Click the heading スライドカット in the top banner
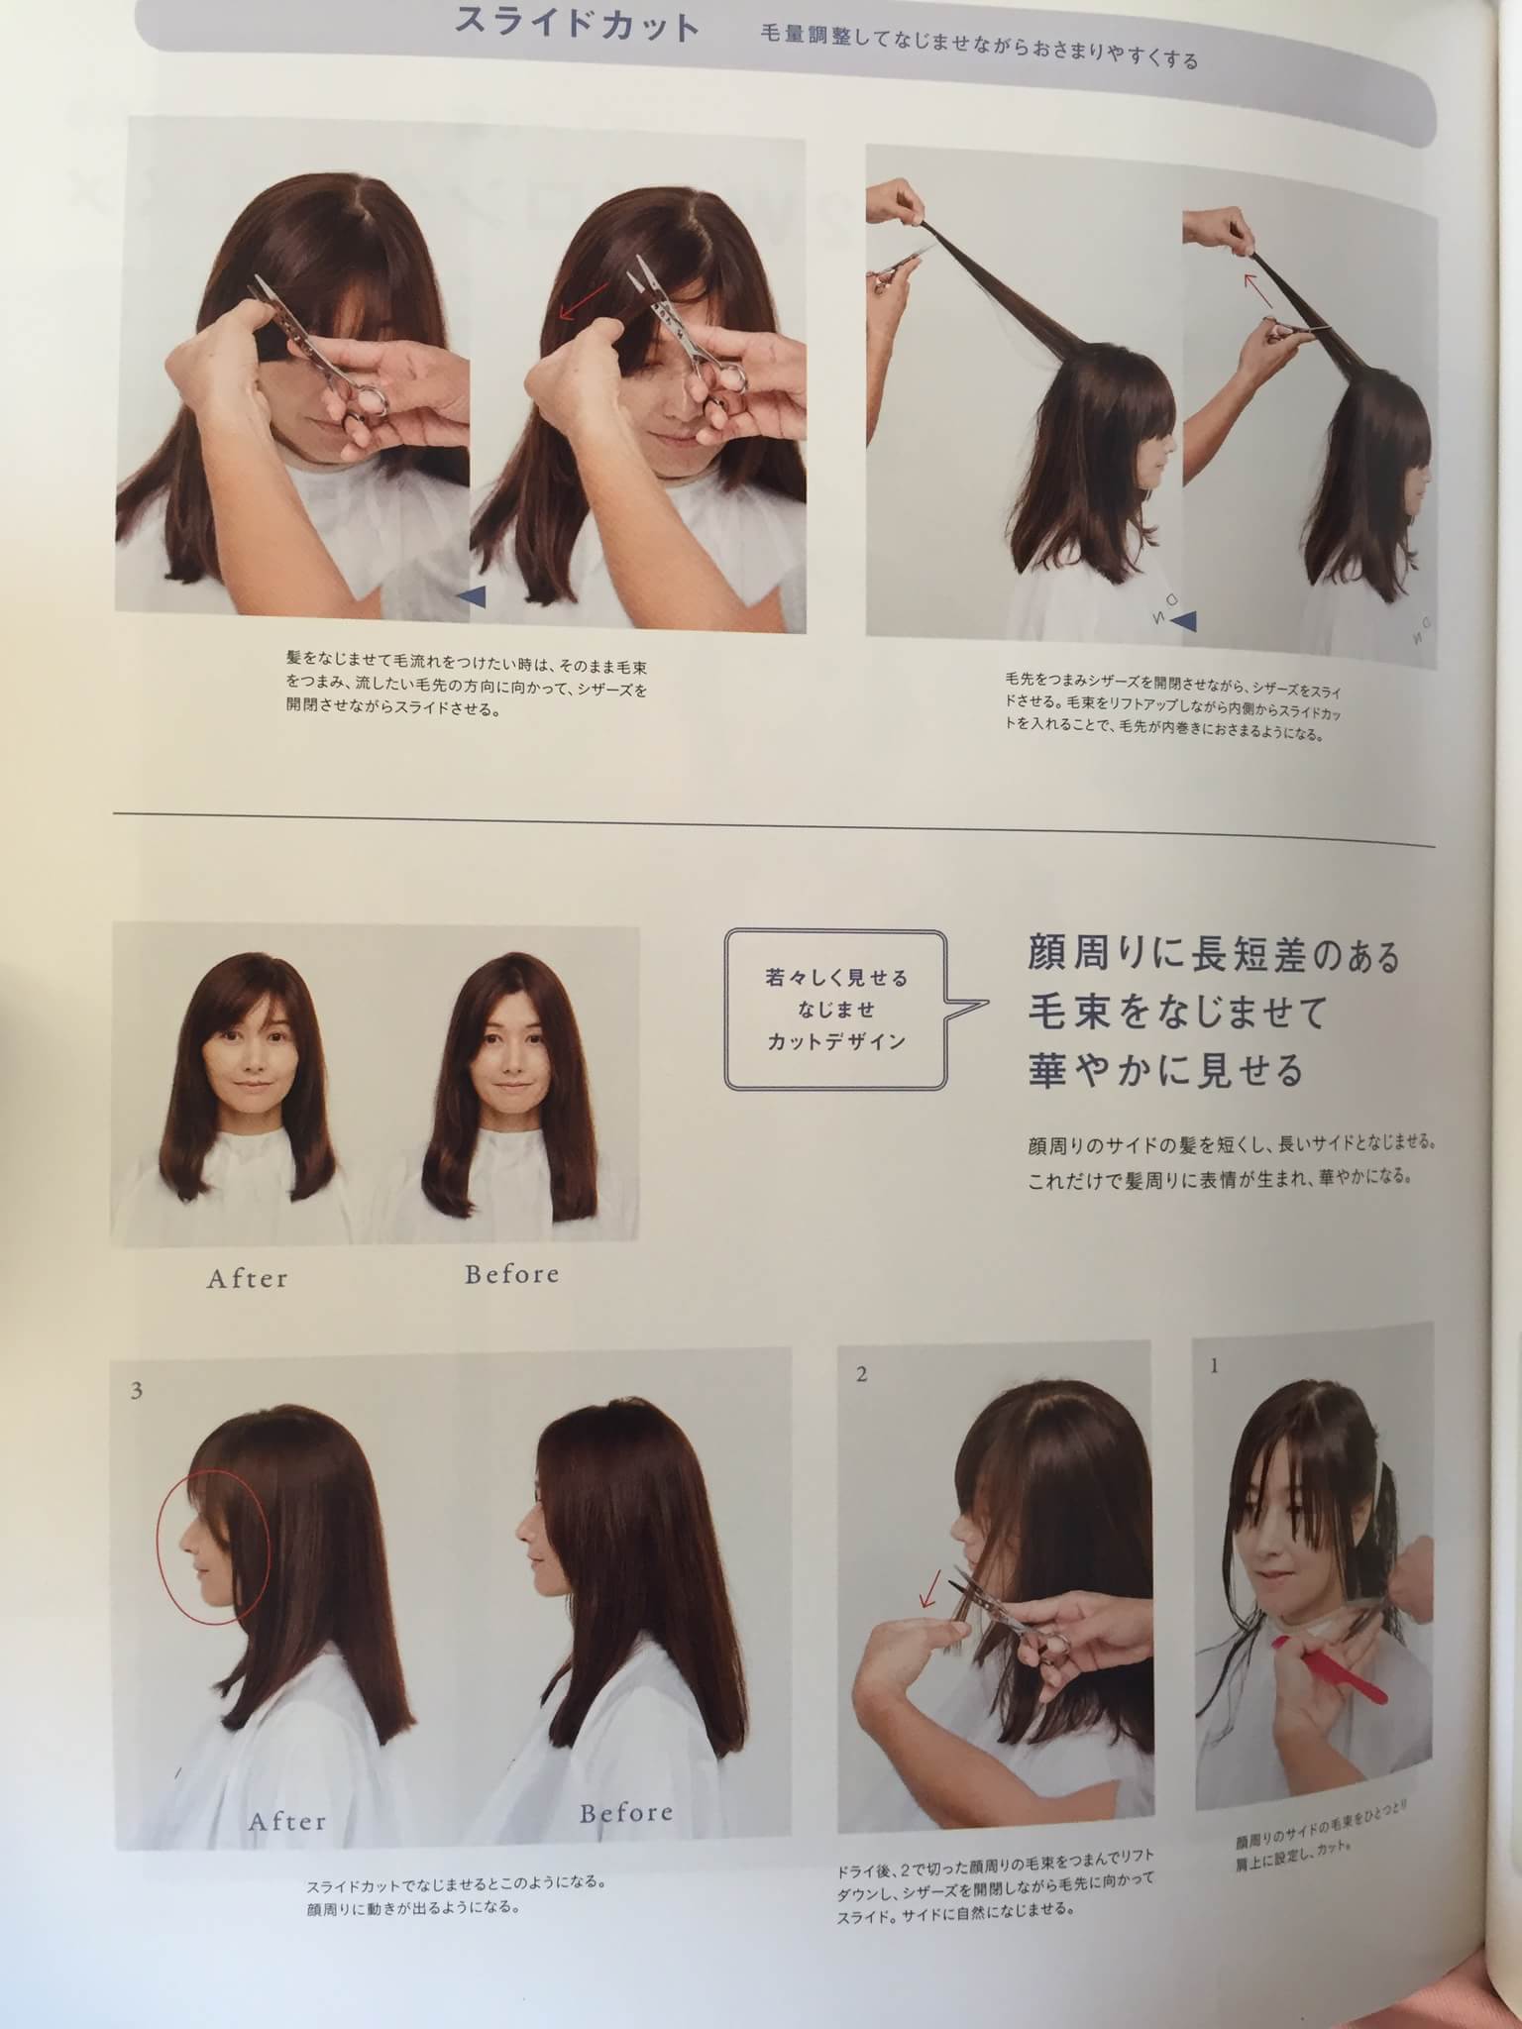point(576,25)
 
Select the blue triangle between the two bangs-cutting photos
point(471,595)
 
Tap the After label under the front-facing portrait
point(247,1279)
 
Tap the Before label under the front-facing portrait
point(511,1274)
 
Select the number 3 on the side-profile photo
point(137,1391)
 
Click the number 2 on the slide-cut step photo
point(861,1374)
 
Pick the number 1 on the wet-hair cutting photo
point(1214,1366)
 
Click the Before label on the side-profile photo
point(626,1814)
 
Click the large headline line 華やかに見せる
point(1163,1070)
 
